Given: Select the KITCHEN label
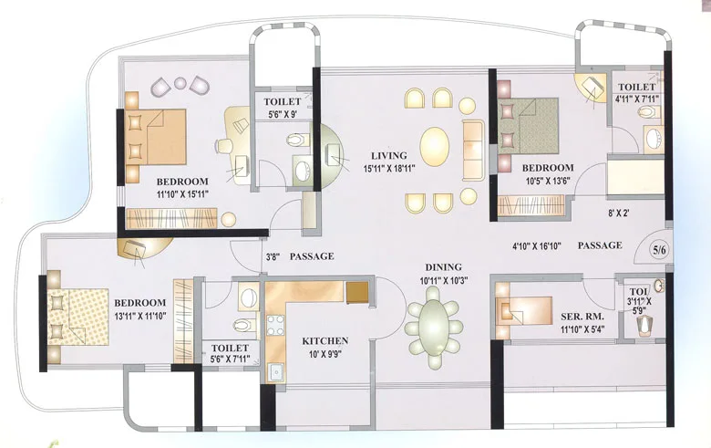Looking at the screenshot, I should tap(325, 341).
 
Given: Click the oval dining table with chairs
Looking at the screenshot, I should tap(434, 322).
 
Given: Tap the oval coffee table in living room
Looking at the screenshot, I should tap(434, 146).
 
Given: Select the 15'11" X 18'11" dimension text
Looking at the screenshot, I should tap(389, 168).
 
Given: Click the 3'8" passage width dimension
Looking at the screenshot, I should tap(273, 257).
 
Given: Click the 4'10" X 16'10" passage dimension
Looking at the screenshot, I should tap(538, 245).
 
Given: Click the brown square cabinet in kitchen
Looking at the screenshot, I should tap(356, 292).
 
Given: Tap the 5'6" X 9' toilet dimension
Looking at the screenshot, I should tap(285, 115).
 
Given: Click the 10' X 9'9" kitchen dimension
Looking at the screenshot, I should tap(325, 354).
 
